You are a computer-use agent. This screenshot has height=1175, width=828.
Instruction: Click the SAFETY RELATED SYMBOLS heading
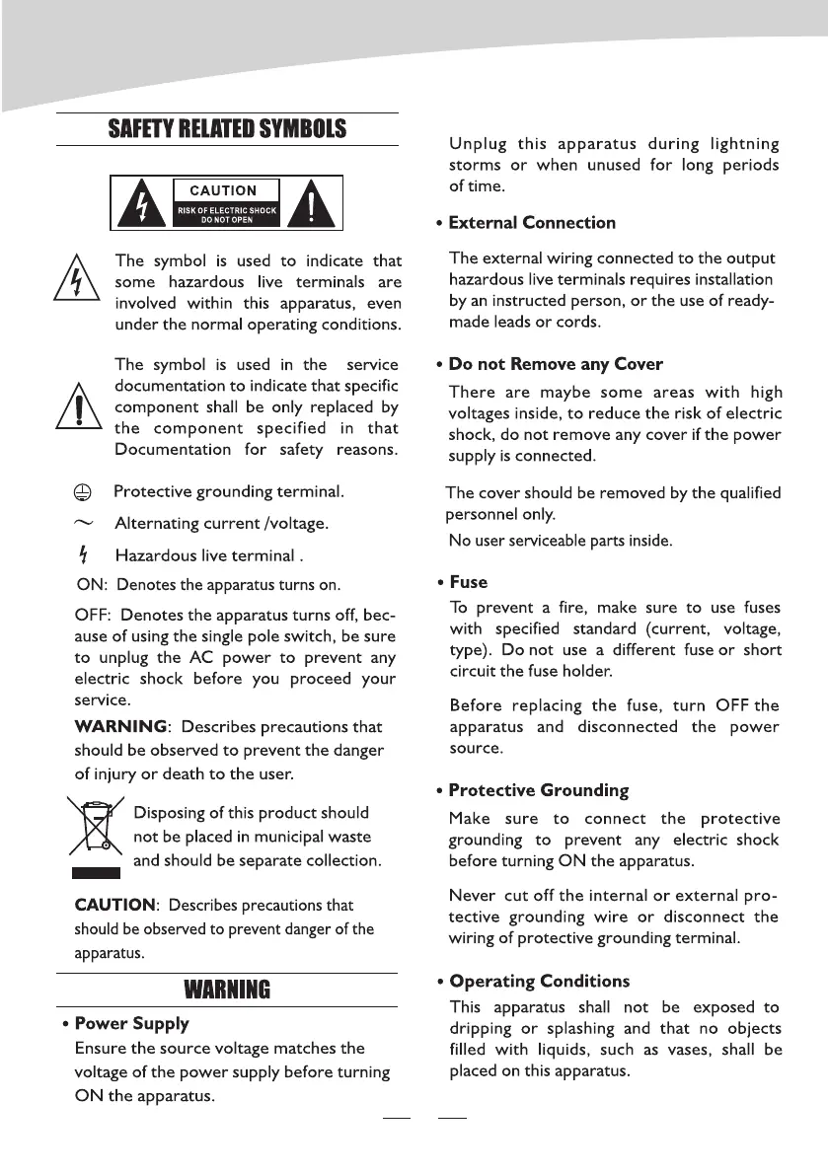[x=227, y=129]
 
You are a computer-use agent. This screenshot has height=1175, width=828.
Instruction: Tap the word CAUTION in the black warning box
[x=224, y=190]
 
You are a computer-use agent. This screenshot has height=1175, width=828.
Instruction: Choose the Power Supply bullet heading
[x=131, y=1024]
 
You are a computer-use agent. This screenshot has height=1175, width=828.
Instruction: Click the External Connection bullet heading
[x=532, y=223]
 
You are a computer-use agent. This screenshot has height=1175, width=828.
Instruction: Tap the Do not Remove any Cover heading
[x=556, y=365]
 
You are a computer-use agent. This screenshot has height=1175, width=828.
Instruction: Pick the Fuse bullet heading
[x=468, y=582]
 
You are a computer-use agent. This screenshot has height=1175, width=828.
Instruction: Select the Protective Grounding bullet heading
[x=538, y=790]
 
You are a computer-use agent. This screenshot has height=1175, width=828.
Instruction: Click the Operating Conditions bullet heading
[x=539, y=982]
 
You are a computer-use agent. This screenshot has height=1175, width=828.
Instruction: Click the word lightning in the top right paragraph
[x=736, y=145]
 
